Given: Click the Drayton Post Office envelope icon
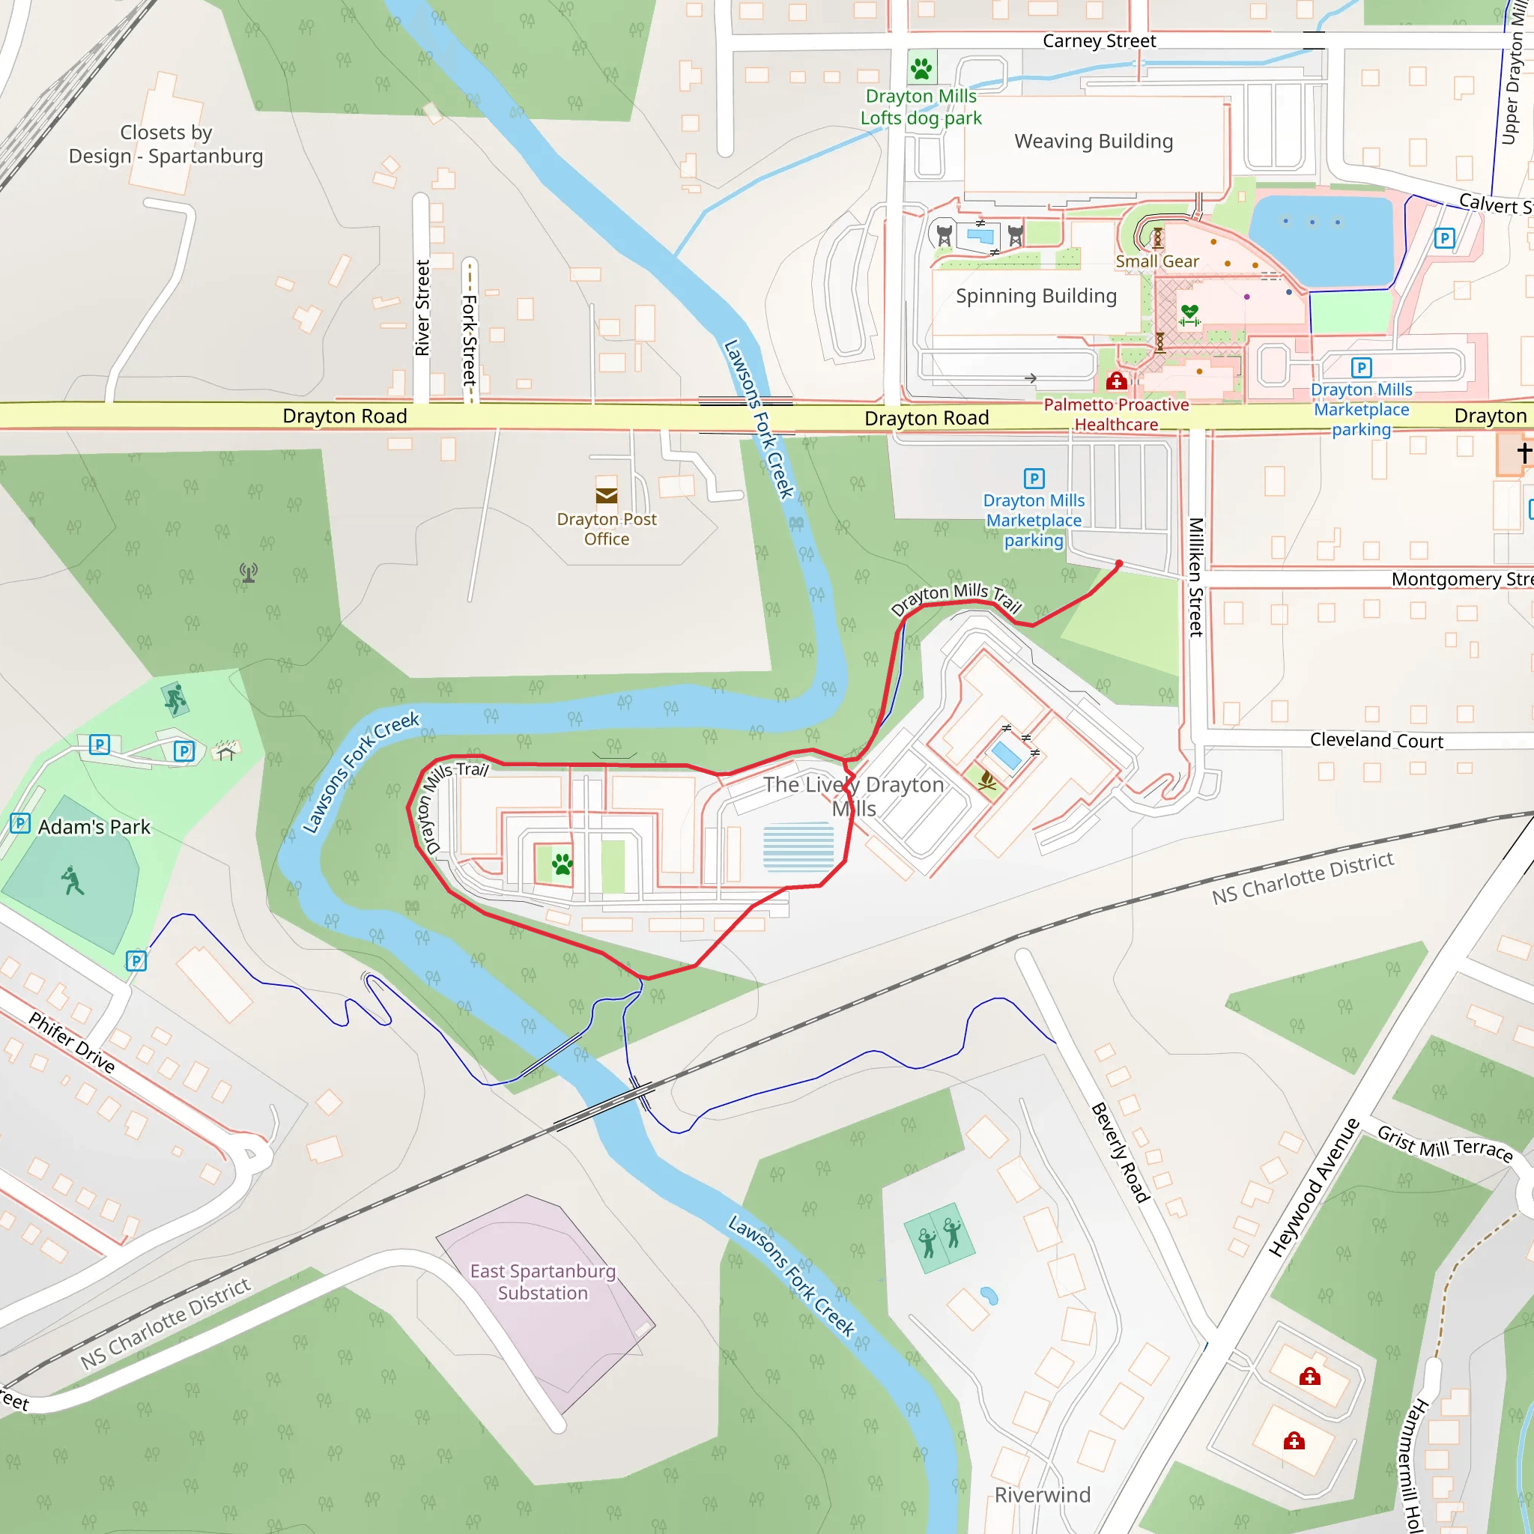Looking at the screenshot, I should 607,495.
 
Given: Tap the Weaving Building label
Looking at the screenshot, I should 1094,142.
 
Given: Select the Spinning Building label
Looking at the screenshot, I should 1036,296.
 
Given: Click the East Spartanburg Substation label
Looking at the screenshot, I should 543,1282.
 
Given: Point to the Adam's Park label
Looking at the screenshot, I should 94,828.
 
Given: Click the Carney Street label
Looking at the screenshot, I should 1099,41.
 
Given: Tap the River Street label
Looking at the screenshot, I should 422,308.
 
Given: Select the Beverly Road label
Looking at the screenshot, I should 1121,1152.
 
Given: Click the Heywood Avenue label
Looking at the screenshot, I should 1313,1188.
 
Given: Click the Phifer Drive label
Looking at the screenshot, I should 72,1043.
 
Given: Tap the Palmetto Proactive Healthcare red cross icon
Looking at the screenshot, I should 1116,381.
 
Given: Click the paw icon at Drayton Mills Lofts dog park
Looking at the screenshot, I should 921,68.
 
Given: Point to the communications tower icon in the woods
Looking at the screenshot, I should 249,572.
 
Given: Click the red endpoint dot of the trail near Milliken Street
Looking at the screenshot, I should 1119,565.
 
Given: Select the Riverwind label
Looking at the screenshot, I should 1043,1495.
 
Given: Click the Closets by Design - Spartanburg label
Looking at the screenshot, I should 166,145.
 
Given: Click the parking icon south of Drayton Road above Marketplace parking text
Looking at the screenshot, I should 1034,478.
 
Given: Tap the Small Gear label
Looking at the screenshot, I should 1156,261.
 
